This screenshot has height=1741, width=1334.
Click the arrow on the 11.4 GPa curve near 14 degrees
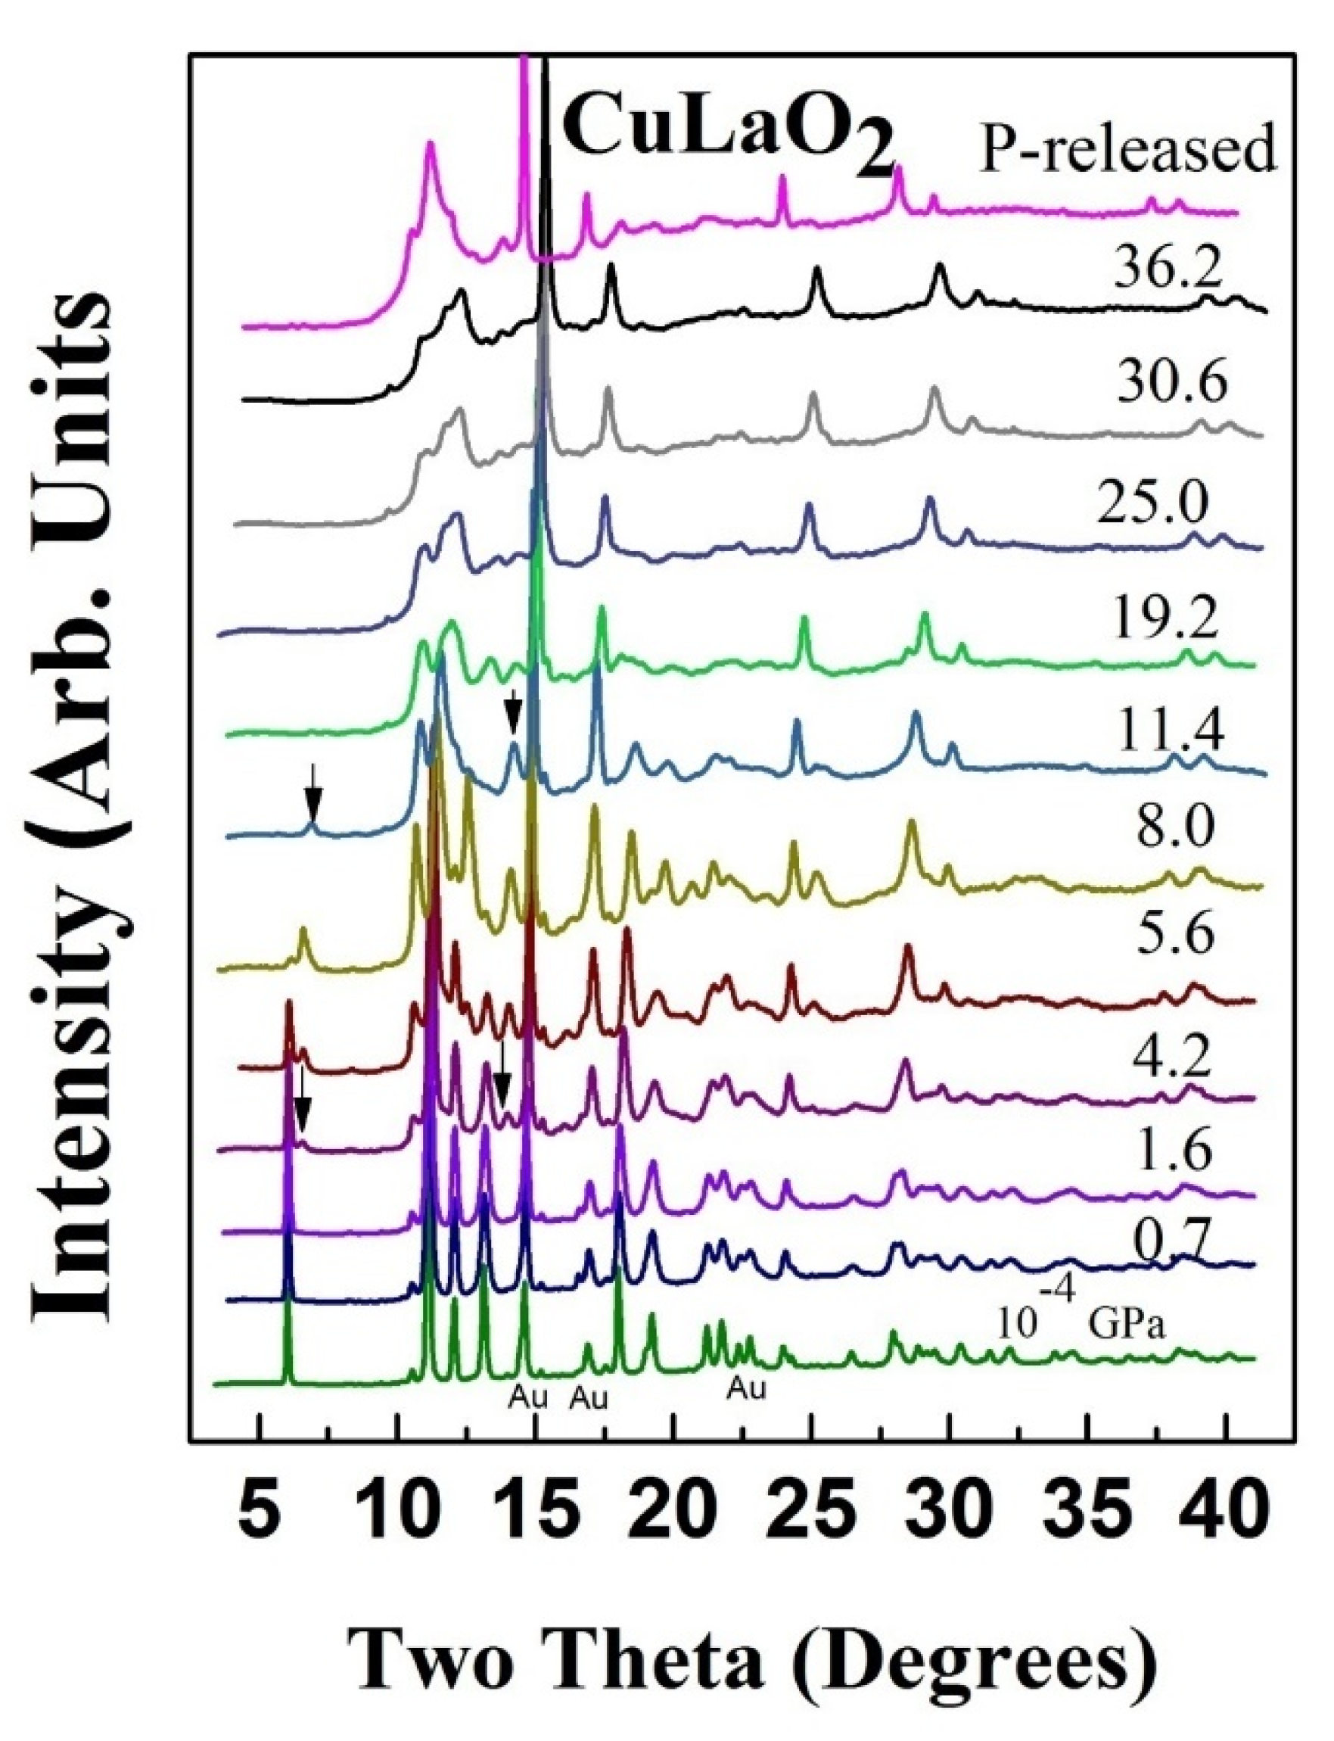pos(514,711)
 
